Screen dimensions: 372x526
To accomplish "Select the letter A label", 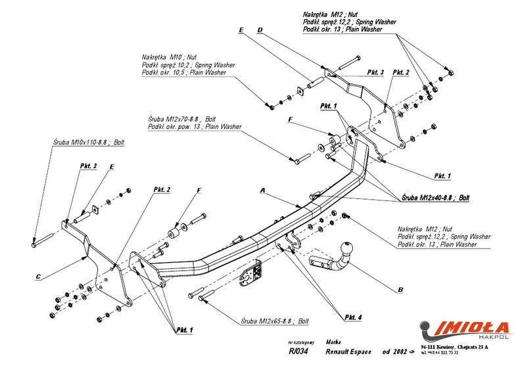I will (x=262, y=191).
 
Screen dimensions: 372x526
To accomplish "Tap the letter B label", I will (x=400, y=289).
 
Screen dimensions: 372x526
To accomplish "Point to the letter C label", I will (x=39, y=276).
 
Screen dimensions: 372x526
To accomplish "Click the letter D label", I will (x=260, y=30).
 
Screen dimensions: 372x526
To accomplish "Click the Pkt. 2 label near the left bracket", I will (x=162, y=189).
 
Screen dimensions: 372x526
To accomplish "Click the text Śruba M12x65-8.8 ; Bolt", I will (x=274, y=322).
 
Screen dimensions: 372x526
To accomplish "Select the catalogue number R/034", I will (x=298, y=352).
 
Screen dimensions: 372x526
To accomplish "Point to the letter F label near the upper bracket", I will (x=290, y=120).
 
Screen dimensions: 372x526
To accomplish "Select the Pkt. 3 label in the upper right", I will (x=375, y=72).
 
